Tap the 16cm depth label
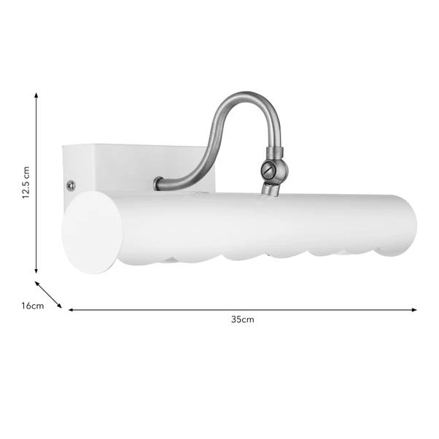(32, 306)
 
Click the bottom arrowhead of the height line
(36, 270)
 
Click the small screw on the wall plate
(71, 185)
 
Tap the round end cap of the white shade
(92, 232)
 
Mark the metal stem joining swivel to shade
(270, 189)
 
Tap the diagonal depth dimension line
(49, 295)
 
